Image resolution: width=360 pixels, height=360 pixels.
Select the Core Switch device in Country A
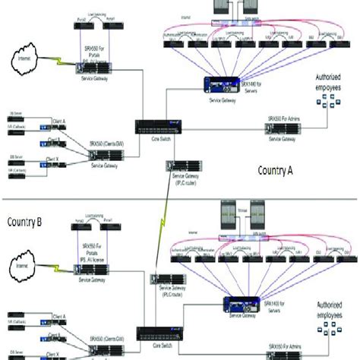pyautogui.click(x=153, y=125)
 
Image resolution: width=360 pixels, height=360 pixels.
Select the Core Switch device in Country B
pyautogui.click(x=156, y=332)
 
